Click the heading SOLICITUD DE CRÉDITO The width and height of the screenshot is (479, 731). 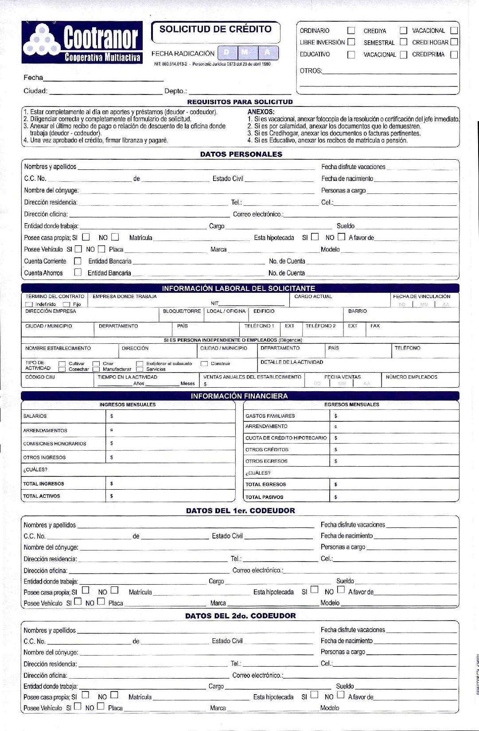pyautogui.click(x=215, y=29)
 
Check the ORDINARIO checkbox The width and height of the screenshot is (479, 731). pyautogui.click(x=351, y=31)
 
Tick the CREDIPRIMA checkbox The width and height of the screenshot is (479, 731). pyautogui.click(x=454, y=55)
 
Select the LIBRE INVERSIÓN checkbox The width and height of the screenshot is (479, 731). pyautogui.click(x=351, y=42)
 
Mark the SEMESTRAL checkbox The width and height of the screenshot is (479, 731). pyautogui.click(x=403, y=42)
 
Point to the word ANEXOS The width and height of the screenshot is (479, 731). pyautogui.click(x=261, y=112)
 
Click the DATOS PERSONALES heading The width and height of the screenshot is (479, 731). pyautogui.click(x=241, y=154)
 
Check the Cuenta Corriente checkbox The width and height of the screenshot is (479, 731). pyautogui.click(x=78, y=261)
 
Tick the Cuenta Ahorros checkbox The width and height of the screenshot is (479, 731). pyautogui.click(x=78, y=272)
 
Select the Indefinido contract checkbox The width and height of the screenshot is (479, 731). pyautogui.click(x=29, y=304)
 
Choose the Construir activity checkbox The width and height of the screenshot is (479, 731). pyautogui.click(x=204, y=364)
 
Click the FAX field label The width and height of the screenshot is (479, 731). pyautogui.click(x=375, y=326)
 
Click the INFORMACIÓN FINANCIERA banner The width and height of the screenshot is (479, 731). pyautogui.click(x=239, y=396)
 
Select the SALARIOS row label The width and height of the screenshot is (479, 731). pyautogui.click(x=35, y=416)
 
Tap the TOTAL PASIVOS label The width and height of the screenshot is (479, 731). pyautogui.click(x=265, y=497)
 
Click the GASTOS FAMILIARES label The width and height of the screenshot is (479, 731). pyautogui.click(x=270, y=416)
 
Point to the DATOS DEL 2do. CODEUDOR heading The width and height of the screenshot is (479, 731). pyautogui.click(x=240, y=616)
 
